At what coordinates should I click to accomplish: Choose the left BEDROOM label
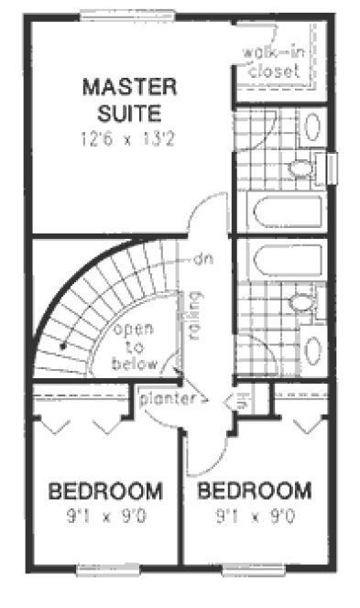click(x=106, y=490)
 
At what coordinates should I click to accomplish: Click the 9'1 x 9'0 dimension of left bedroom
click(x=106, y=517)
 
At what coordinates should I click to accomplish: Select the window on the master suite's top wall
click(x=115, y=14)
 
